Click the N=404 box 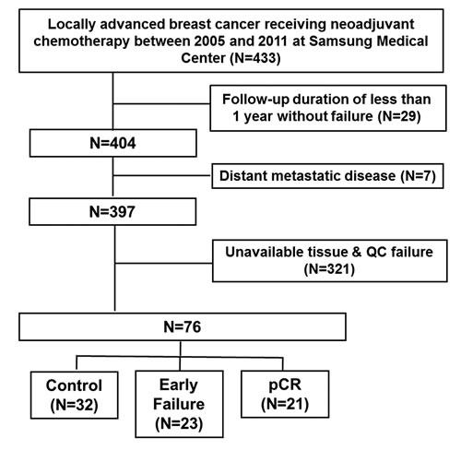[113, 143]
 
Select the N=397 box [112, 212]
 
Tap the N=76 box [183, 326]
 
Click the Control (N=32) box [74, 395]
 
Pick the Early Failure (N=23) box [179, 404]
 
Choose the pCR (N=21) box [285, 394]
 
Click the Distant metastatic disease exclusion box [327, 176]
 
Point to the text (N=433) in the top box [255, 58]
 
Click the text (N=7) [419, 176]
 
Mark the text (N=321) [329, 269]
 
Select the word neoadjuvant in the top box [372, 25]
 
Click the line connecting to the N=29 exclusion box [161, 103]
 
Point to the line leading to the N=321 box [164, 263]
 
